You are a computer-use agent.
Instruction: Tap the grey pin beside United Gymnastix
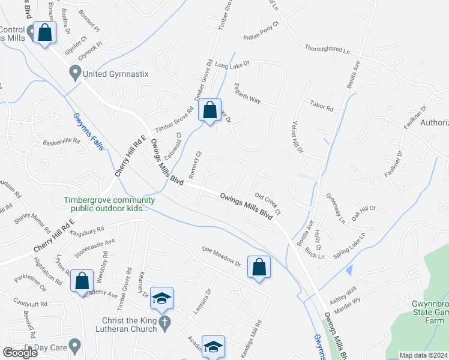click(75, 74)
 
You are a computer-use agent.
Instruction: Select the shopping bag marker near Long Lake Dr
click(209, 110)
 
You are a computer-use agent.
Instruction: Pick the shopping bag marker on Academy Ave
click(82, 280)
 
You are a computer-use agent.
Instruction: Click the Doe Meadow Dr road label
click(221, 256)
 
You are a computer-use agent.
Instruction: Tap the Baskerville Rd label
click(61, 142)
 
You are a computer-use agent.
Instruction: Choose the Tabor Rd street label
click(322, 107)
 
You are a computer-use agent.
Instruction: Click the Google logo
click(20, 352)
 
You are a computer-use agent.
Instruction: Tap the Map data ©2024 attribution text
click(424, 355)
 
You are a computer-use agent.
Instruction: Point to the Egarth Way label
click(247, 94)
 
